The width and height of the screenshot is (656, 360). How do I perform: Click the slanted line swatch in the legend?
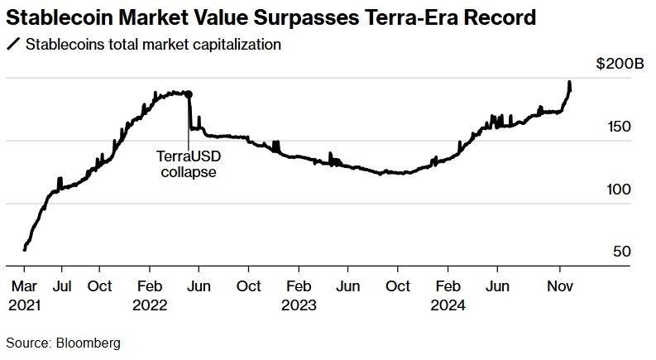coord(12,45)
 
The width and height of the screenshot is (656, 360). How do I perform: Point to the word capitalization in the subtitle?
coord(236,45)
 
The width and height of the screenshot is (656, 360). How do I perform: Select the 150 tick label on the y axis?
coord(620,127)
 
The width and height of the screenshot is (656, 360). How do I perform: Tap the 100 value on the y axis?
coord(620,190)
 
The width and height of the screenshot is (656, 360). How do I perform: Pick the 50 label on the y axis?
coord(623,252)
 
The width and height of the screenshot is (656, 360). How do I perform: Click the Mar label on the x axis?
coord(24,286)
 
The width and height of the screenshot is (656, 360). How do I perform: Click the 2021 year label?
coord(25,304)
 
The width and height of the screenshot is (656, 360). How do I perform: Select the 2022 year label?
coord(151,304)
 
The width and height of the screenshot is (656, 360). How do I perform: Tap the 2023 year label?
coord(299,304)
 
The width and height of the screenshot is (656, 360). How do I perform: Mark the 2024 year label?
coord(449,304)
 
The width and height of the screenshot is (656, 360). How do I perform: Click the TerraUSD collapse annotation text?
coord(189,164)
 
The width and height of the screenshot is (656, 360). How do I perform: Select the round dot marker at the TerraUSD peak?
coord(189,95)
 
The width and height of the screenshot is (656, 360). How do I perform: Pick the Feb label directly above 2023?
coord(299,286)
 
